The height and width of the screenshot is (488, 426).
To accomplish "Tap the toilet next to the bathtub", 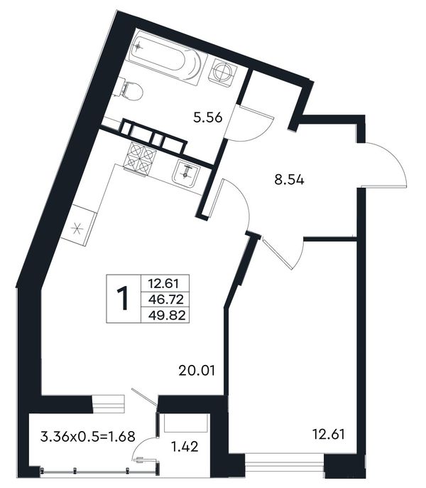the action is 131,90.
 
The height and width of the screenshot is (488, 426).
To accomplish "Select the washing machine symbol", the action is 223,73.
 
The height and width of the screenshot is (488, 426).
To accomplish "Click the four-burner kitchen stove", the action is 139,158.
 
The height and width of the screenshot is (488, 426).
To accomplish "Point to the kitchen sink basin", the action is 187,174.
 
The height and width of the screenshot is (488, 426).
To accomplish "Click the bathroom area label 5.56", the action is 208,117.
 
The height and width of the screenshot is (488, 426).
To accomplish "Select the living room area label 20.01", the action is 197,371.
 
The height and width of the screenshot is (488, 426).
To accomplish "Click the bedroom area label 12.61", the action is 329,434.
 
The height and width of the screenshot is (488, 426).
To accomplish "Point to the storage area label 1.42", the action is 185,447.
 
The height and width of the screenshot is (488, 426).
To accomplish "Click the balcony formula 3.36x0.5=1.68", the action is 88,437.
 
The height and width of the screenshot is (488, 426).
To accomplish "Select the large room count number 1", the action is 123,299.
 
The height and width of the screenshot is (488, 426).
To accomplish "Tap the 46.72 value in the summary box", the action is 166,299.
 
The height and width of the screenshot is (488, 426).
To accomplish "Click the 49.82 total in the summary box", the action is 167,316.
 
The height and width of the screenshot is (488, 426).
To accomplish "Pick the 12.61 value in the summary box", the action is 163,284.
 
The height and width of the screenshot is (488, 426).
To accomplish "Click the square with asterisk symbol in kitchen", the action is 77,228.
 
